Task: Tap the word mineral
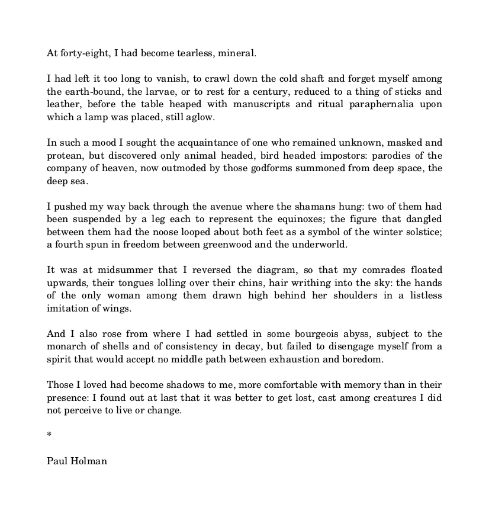(237, 53)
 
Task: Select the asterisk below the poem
(49, 435)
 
